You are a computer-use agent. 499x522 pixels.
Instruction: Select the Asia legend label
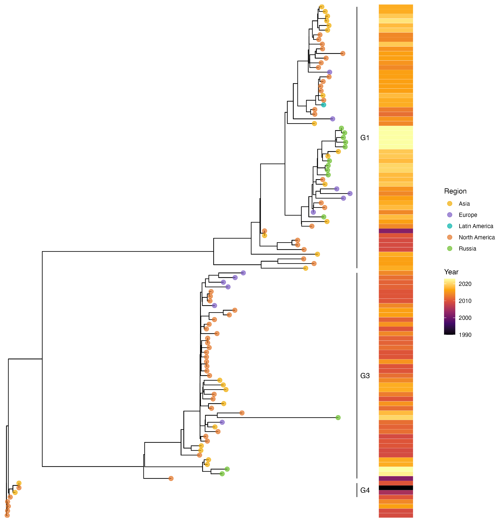[464, 204]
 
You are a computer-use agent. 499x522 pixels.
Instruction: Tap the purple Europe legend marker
[450, 215]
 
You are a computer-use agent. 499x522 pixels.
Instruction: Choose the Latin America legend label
[476, 226]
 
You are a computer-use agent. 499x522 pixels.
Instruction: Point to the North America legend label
[477, 237]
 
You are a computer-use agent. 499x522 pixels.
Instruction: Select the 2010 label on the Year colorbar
[465, 301]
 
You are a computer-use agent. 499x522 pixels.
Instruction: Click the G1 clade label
[365, 138]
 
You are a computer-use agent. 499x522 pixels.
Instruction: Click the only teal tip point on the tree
[324, 105]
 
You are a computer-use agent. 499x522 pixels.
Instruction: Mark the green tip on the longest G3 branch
[338, 417]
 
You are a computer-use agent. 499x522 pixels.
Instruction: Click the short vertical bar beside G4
[357, 490]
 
